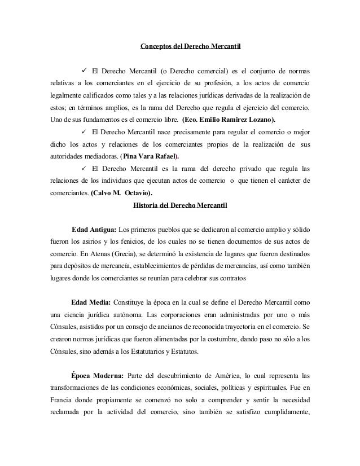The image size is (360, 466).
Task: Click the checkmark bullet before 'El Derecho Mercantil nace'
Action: coord(84,132)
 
